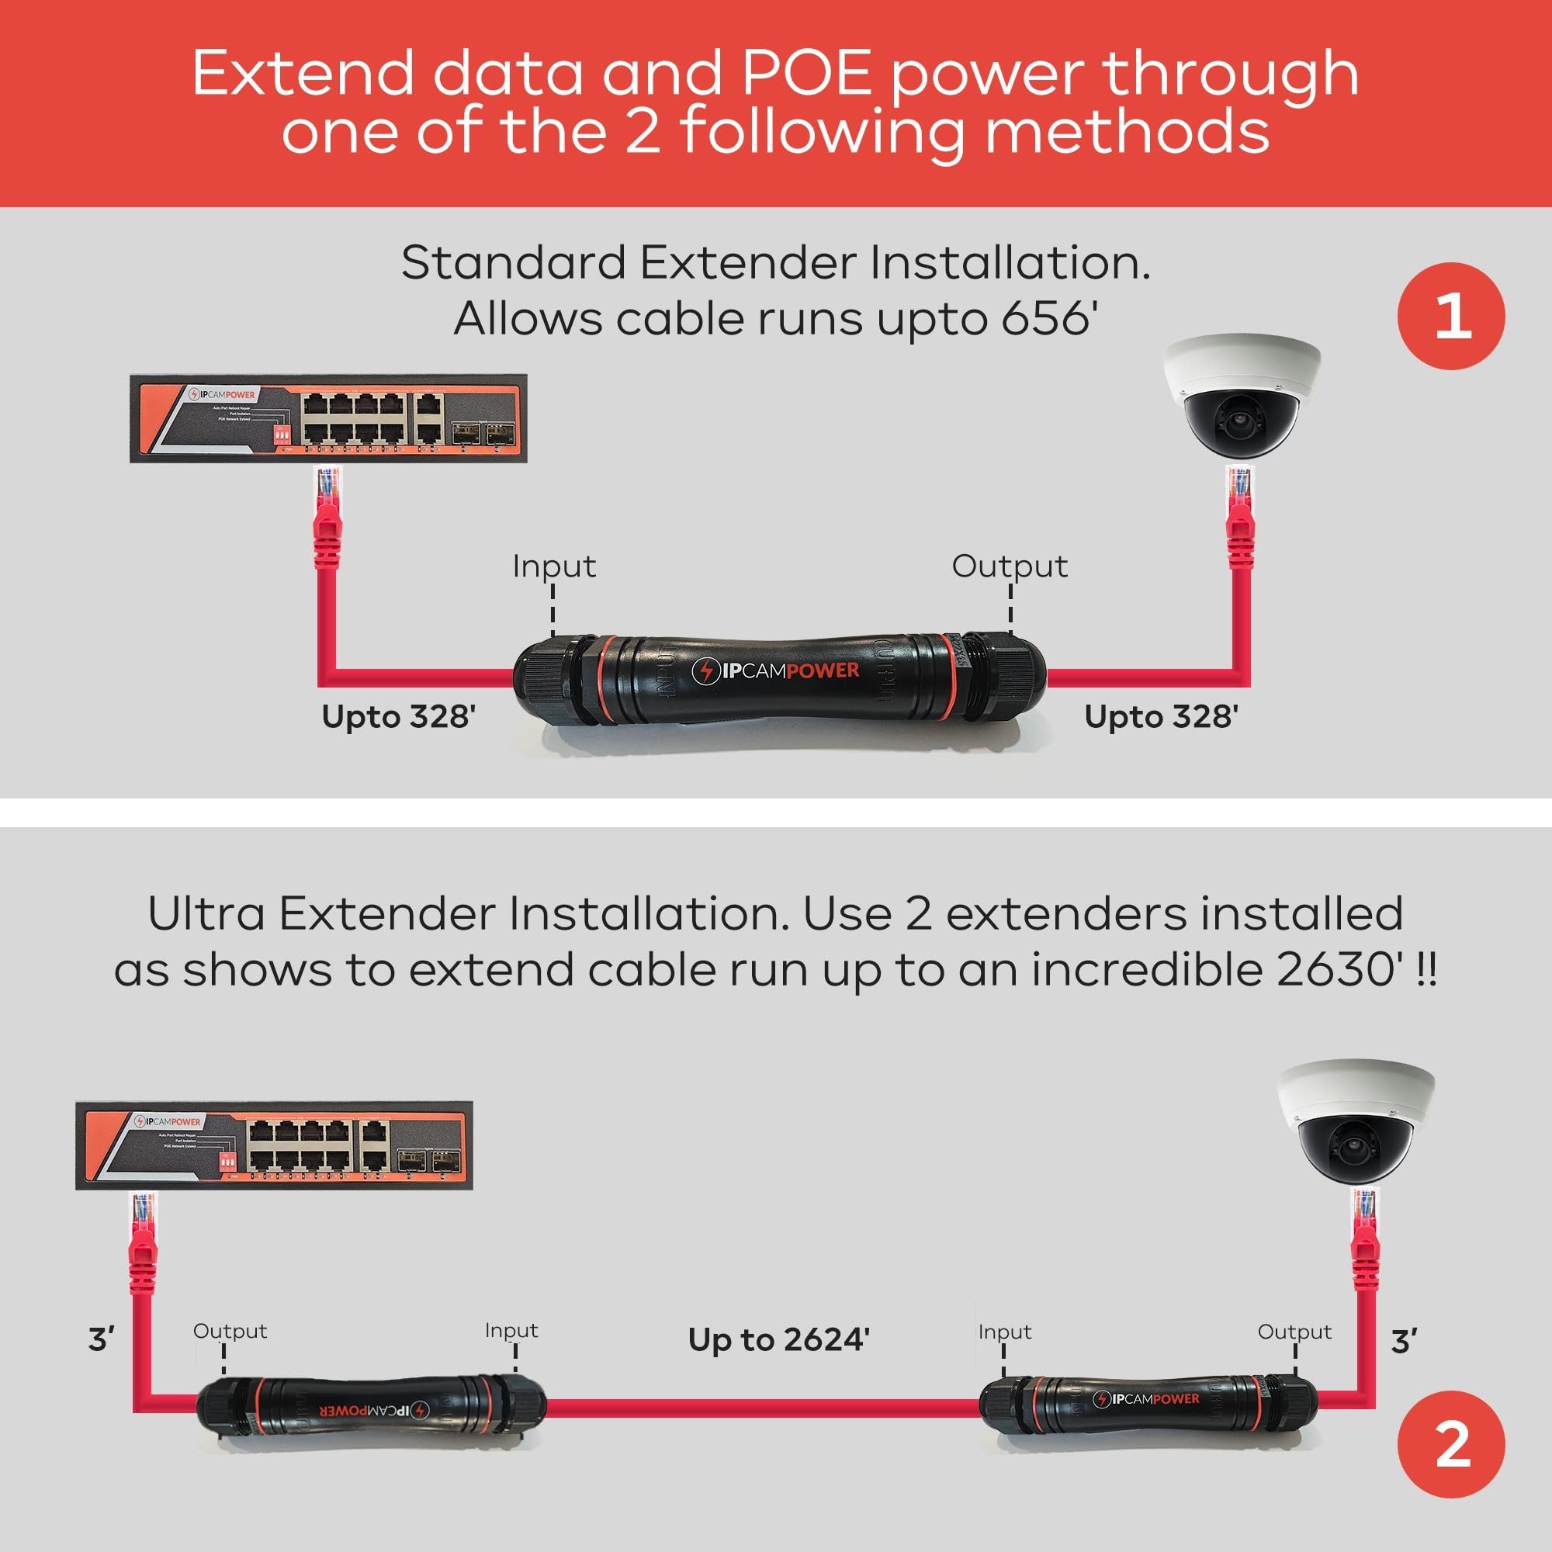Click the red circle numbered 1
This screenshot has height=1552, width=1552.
pyautogui.click(x=1451, y=316)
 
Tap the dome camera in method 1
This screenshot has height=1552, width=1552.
pyautogui.click(x=1242, y=397)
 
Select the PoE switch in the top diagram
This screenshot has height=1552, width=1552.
pyautogui.click(x=328, y=417)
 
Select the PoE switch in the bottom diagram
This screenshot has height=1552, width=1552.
pyautogui.click(x=274, y=1145)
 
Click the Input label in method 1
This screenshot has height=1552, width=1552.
pyautogui.click(x=554, y=566)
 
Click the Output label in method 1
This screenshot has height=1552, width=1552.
pyautogui.click(x=1010, y=566)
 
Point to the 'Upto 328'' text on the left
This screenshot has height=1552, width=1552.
pyautogui.click(x=398, y=716)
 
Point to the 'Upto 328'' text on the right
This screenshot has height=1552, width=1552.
pyautogui.click(x=1161, y=716)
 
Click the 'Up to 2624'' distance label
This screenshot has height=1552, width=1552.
pyautogui.click(x=778, y=1340)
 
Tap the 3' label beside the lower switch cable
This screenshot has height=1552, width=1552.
pyautogui.click(x=101, y=1340)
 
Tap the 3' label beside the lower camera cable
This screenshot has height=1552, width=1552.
pyautogui.click(x=1403, y=1342)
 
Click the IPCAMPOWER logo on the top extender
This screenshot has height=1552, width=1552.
pyautogui.click(x=775, y=670)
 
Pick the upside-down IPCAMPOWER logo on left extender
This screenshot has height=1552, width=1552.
pyautogui.click(x=374, y=1410)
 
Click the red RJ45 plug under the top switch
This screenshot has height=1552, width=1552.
pyautogui.click(x=327, y=514)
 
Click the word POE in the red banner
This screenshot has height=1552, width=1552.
pyautogui.click(x=805, y=74)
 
